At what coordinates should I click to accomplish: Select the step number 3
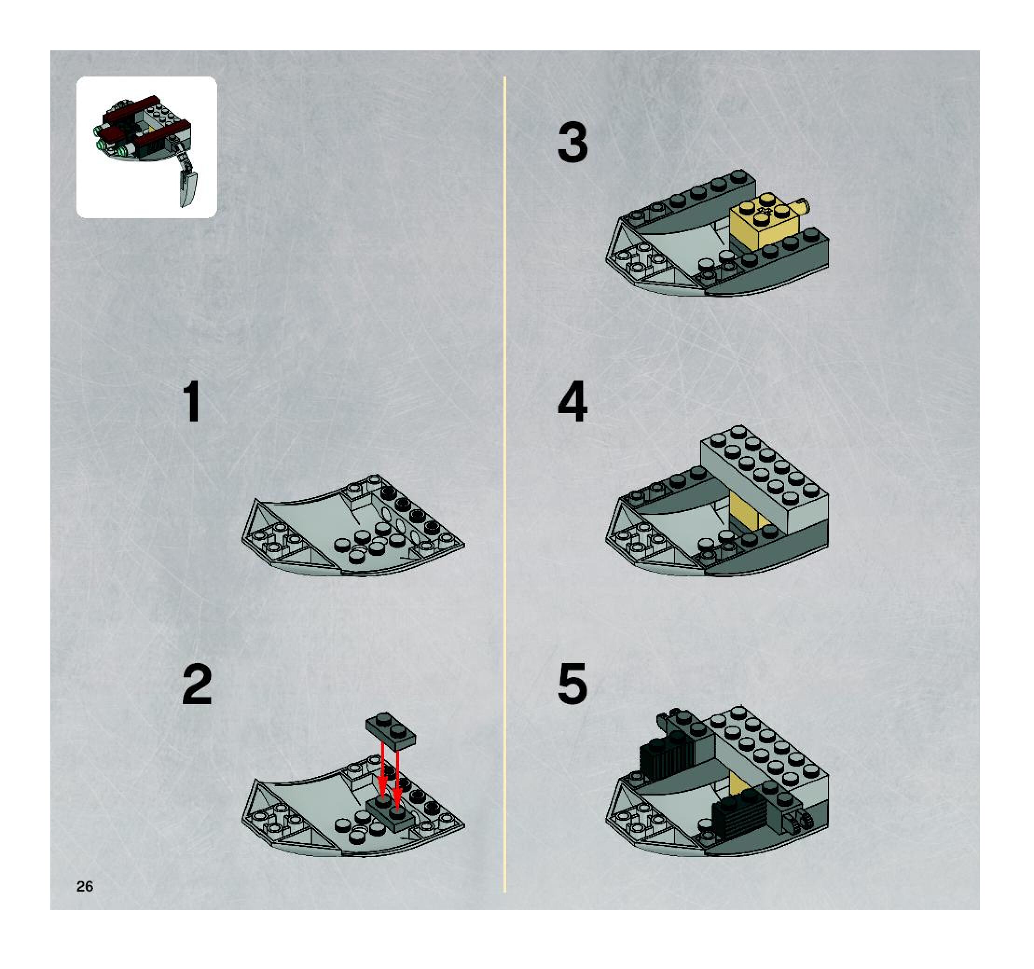coord(572,143)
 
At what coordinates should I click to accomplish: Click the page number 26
coord(85,886)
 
